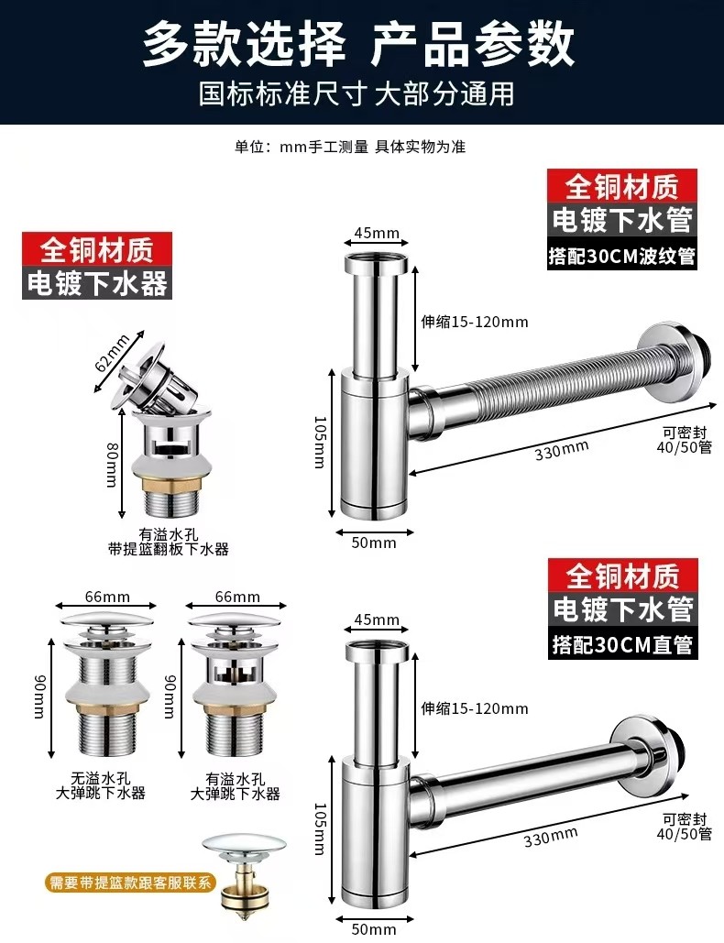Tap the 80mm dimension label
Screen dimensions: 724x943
click(x=112, y=465)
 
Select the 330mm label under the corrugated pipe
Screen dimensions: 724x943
click(x=562, y=450)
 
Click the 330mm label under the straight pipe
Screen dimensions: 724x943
click(x=550, y=836)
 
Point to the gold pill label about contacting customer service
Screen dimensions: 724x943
click(x=129, y=883)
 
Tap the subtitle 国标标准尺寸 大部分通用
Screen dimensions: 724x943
click(x=357, y=93)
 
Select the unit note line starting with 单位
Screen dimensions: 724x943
click(x=350, y=147)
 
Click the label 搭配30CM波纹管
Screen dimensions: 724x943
click(x=621, y=256)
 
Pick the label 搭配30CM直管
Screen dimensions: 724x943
click(x=623, y=645)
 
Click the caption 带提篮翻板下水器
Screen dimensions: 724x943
click(x=169, y=549)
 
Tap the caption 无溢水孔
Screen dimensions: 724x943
click(x=101, y=779)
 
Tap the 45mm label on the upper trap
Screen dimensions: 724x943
click(x=377, y=233)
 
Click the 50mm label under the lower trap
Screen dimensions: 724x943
click(x=373, y=929)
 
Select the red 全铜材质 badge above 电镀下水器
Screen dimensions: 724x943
click(x=97, y=249)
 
